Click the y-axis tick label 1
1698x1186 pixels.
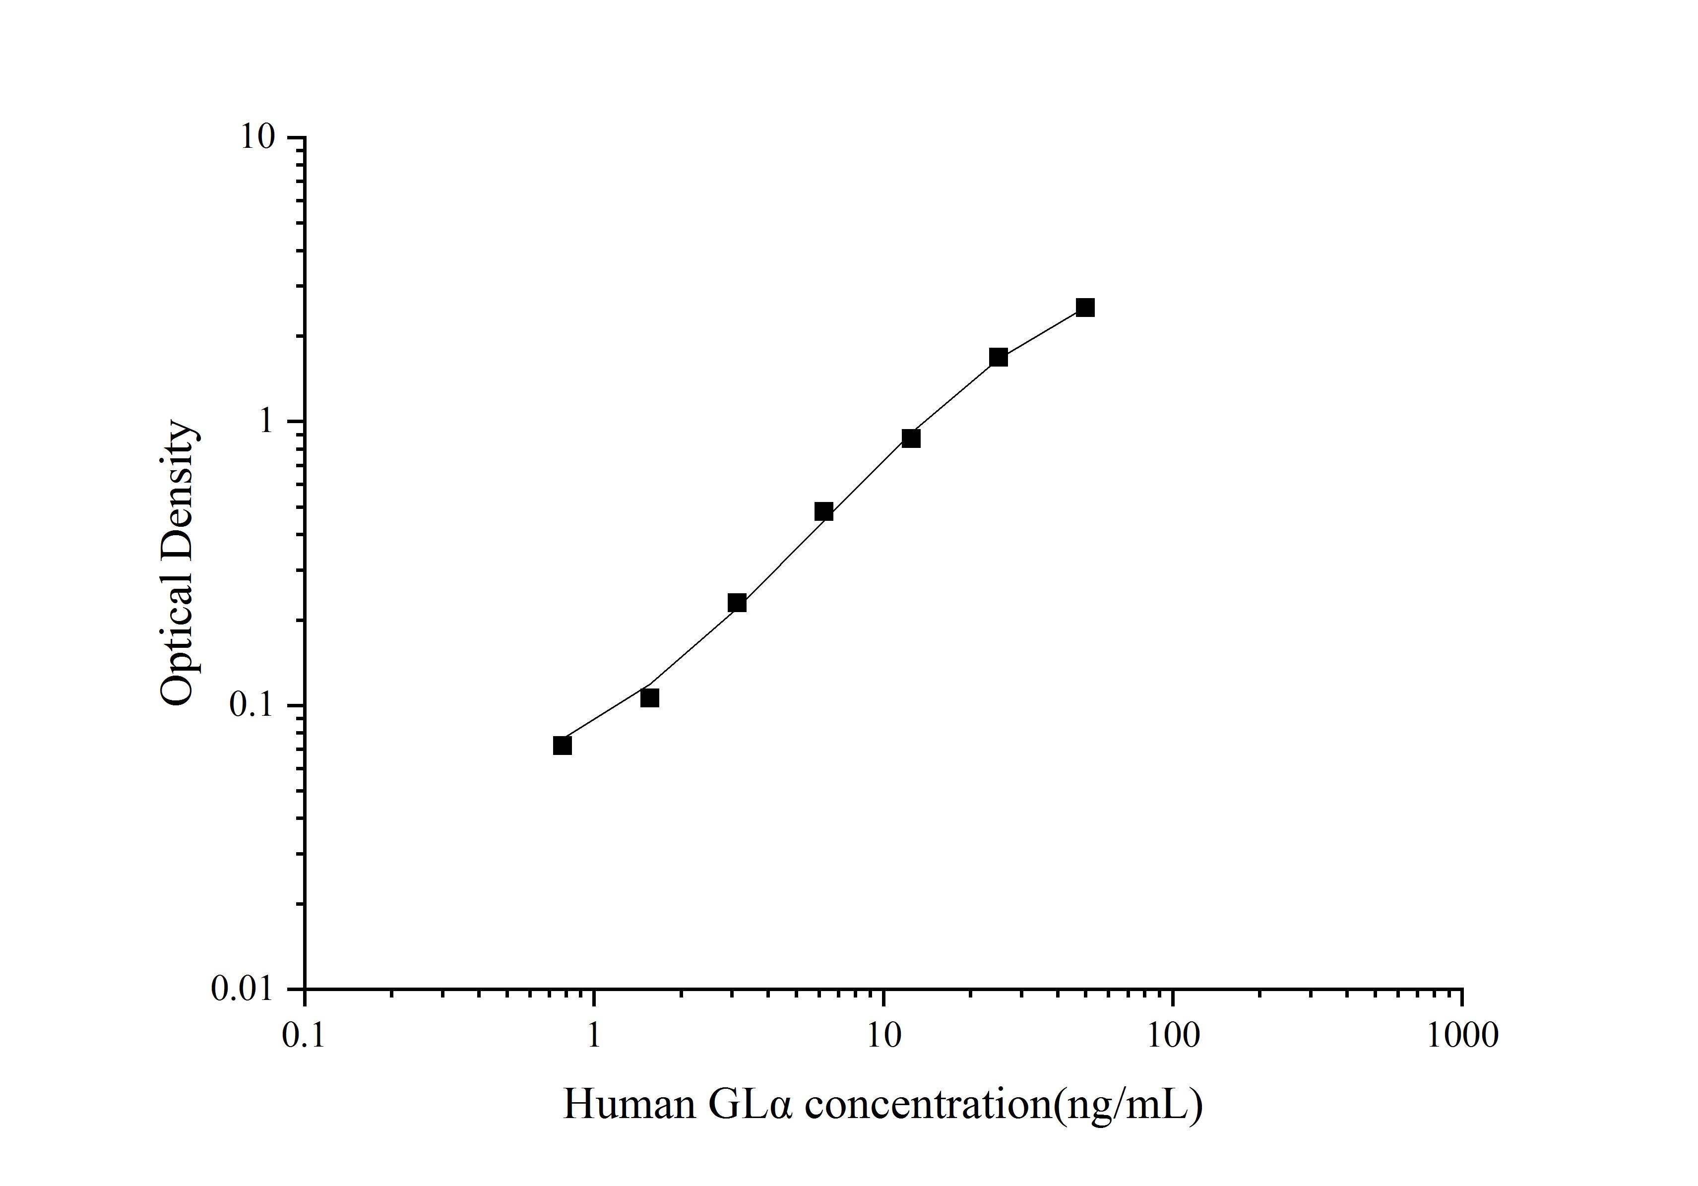[265, 422]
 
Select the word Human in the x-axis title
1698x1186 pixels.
[629, 1106]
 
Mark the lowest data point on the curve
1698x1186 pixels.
[562, 746]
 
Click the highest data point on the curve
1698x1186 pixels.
[1085, 308]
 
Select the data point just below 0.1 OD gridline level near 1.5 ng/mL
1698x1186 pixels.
[649, 698]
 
